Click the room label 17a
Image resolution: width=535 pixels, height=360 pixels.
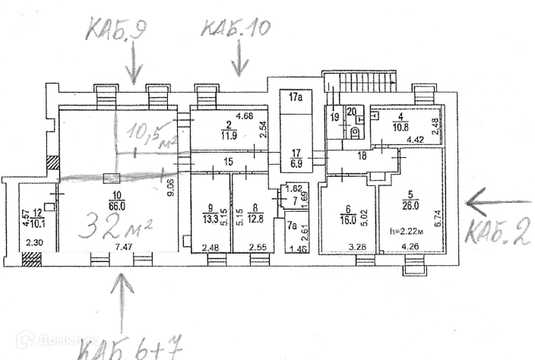296,97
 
